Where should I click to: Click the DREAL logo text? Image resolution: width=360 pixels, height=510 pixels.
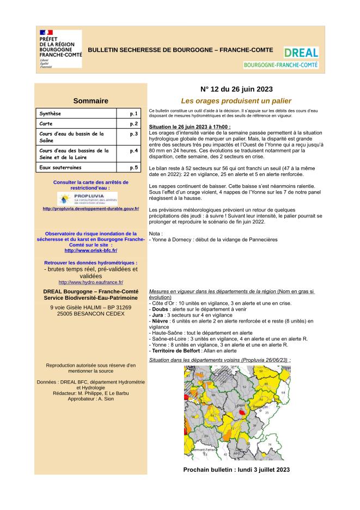(301, 53)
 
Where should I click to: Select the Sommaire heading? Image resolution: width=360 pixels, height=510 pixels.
(90, 101)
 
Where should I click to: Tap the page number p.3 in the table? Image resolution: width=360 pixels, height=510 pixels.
(133, 133)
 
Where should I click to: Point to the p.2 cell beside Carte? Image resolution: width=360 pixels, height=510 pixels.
(133, 124)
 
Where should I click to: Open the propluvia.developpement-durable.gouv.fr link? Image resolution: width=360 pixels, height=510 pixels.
(90, 209)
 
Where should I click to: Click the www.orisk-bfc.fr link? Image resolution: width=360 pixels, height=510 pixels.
(90, 250)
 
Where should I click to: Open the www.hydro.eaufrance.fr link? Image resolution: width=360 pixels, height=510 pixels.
(90, 282)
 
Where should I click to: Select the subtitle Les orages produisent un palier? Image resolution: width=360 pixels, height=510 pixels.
(236, 101)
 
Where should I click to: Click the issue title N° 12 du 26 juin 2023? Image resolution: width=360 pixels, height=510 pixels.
(236, 89)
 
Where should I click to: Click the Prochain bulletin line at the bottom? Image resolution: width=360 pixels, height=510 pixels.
(236, 469)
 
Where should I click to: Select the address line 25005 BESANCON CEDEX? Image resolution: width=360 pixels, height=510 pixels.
(90, 314)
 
